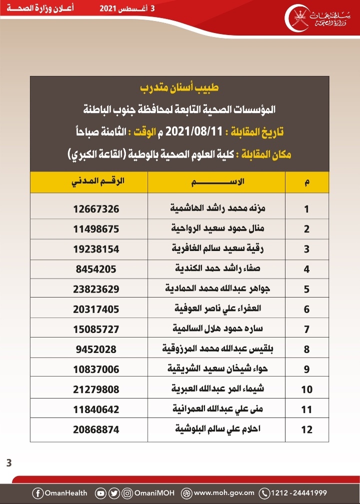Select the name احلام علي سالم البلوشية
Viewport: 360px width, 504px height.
click(x=216, y=429)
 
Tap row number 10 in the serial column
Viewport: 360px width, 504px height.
click(x=307, y=389)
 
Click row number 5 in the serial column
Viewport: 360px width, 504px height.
click(x=307, y=289)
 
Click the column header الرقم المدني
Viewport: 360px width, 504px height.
click(x=96, y=182)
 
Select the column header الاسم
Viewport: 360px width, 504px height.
click(x=216, y=182)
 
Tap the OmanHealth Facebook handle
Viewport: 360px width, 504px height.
click(x=60, y=493)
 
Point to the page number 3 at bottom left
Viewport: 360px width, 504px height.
click(x=8, y=462)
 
